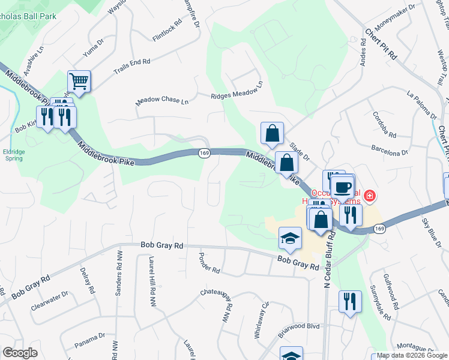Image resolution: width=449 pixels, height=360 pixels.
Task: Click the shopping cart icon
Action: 79,80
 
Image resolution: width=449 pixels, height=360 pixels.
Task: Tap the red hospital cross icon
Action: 370,196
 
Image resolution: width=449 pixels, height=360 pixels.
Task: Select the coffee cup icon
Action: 343,186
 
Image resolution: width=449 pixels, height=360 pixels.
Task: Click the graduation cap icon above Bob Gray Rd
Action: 290,238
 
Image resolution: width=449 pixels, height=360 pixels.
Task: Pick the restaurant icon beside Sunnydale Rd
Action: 349,301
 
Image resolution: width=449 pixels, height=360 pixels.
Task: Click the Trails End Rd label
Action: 131,67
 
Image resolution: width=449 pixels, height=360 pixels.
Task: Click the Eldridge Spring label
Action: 13,155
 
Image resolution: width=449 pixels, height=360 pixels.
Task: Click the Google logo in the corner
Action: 20,353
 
